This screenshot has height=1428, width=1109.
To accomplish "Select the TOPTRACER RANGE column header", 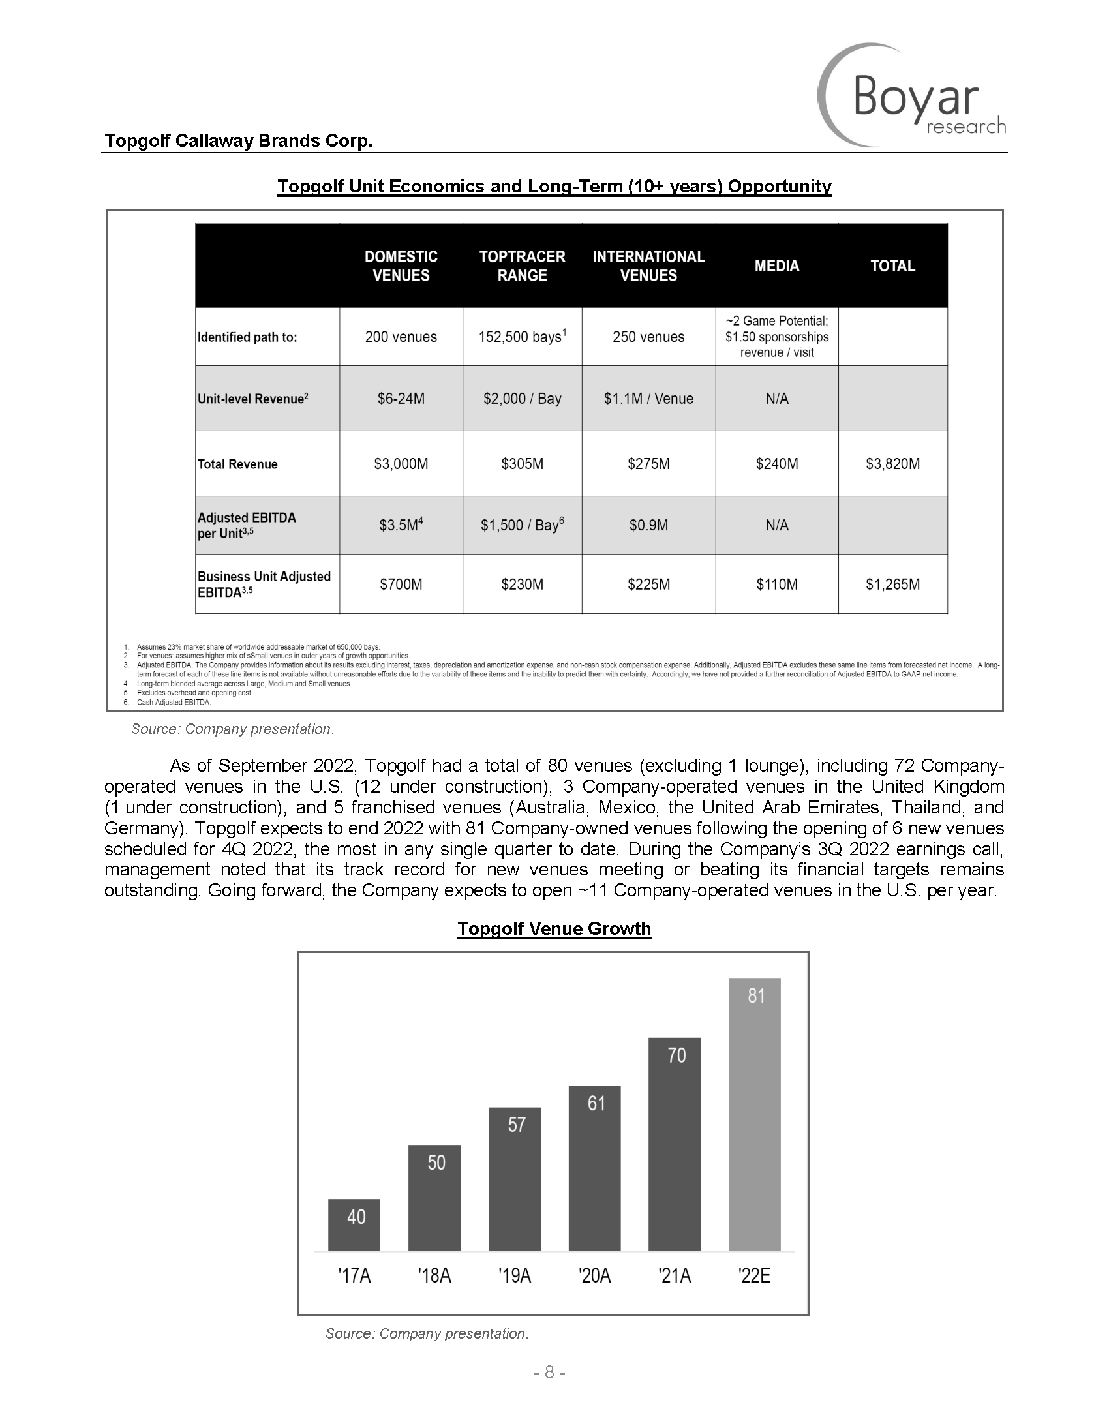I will click(x=522, y=266).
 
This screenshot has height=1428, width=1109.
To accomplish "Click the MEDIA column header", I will click(x=776, y=266).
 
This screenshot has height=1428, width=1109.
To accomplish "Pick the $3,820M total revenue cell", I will click(x=892, y=464).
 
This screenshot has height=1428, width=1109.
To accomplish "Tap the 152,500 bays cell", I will click(x=522, y=337).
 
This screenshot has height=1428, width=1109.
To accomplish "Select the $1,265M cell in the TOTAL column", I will click(x=892, y=584).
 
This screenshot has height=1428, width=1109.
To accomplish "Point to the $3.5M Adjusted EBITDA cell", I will click(x=401, y=525).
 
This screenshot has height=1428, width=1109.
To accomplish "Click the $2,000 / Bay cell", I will click(x=522, y=398).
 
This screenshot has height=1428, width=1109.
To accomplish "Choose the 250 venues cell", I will click(x=648, y=337).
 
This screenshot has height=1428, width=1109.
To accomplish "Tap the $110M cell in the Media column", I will click(x=776, y=584).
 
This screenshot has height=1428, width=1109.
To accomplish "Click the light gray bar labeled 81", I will click(x=754, y=1118).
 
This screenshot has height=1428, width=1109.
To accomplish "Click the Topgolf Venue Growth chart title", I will click(x=554, y=928).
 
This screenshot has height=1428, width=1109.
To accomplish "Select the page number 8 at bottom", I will click(x=549, y=1372).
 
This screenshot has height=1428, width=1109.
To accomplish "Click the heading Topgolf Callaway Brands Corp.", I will click(x=239, y=140).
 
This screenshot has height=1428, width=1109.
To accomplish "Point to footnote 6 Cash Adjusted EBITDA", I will click(x=174, y=702).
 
